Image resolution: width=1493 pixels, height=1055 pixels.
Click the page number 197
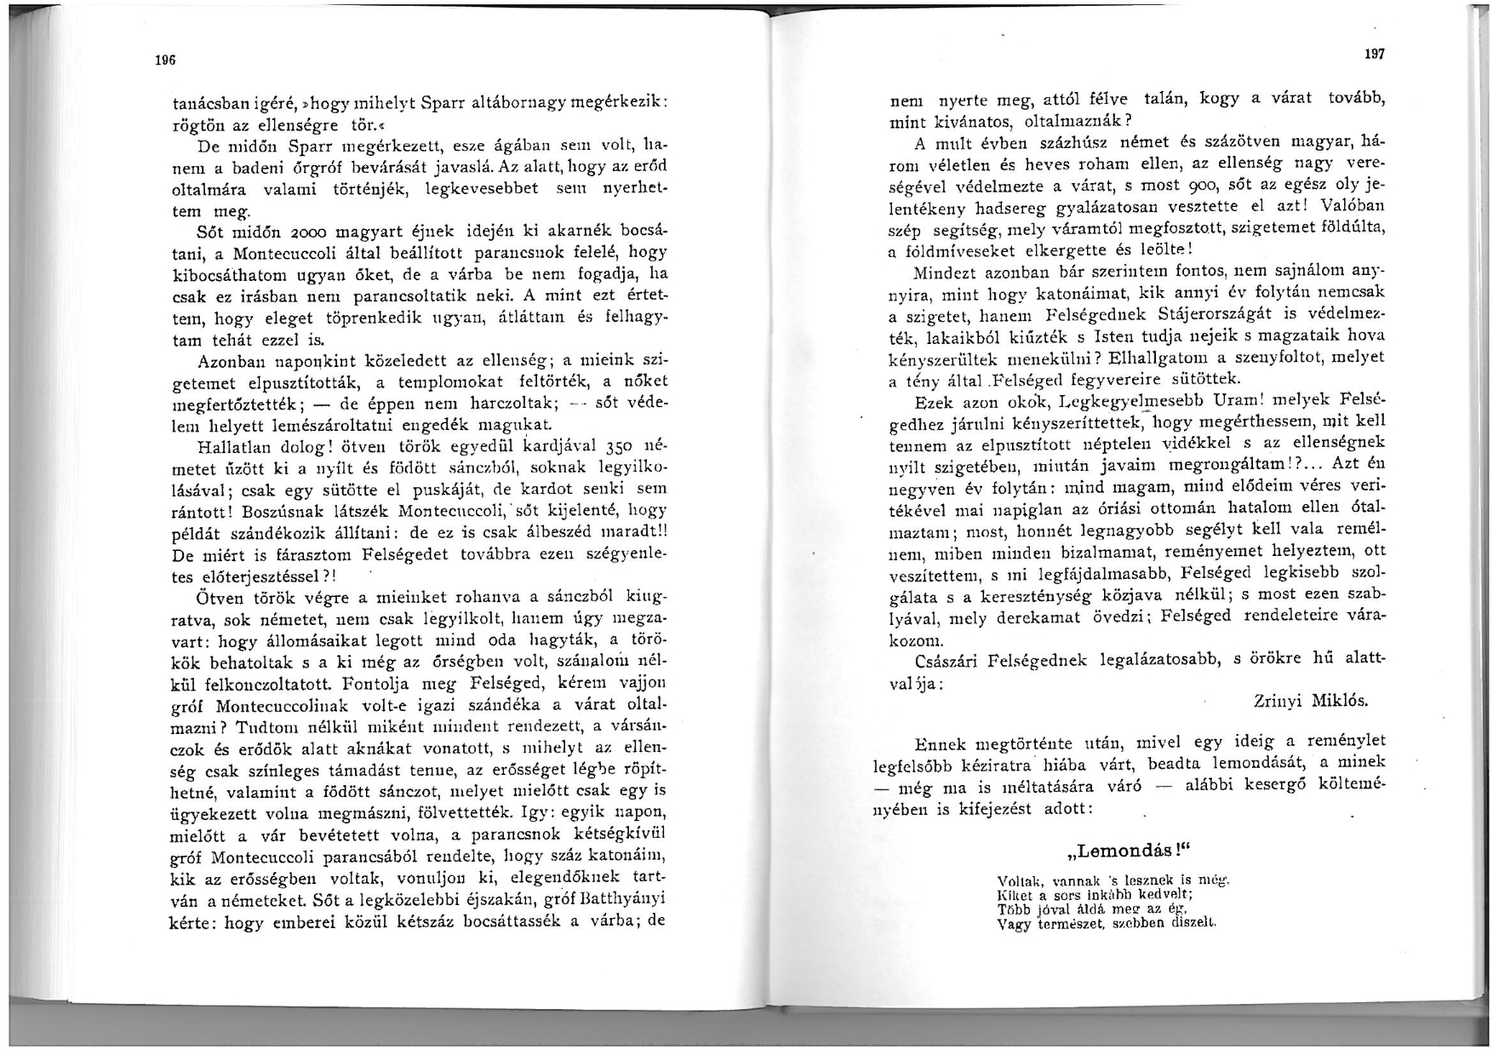tap(1375, 54)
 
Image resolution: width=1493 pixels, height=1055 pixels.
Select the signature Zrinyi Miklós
tap(1311, 701)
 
